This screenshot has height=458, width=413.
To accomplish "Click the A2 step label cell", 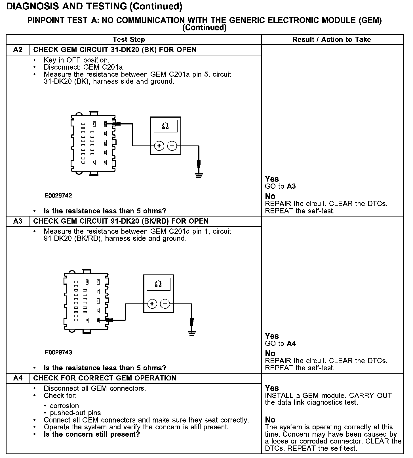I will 18,50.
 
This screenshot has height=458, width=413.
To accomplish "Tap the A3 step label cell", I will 18,221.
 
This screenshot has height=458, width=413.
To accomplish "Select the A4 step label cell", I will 18,378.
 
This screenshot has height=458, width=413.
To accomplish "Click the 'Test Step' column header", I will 129,39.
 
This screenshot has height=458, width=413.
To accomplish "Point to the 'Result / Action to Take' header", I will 332,39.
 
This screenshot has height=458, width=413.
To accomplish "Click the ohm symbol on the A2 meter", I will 165,126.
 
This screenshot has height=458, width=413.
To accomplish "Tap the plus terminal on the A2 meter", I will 159,146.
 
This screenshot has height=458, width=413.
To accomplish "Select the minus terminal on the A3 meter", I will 165,304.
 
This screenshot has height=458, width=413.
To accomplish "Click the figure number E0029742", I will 58,195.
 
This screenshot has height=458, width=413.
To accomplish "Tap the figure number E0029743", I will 58,352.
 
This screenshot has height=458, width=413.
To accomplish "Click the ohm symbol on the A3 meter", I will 159,284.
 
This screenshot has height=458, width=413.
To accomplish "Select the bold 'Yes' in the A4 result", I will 272,388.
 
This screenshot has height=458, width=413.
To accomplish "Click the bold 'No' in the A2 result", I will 270,196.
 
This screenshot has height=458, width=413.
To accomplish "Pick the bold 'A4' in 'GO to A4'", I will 292,343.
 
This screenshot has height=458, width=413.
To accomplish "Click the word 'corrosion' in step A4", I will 64,406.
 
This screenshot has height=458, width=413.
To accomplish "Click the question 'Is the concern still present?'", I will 92,434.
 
